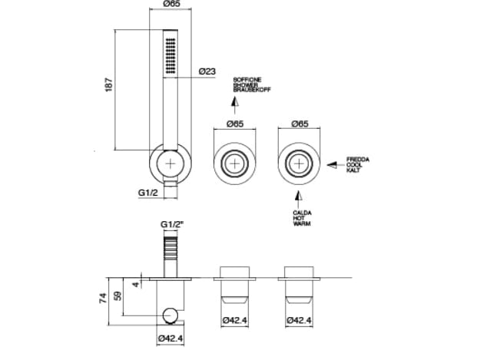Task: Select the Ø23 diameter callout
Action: [207, 71]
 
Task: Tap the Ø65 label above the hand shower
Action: [173, 5]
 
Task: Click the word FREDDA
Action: [358, 159]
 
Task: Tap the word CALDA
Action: [301, 213]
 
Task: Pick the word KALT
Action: [354, 169]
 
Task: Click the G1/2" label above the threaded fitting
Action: [171, 225]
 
